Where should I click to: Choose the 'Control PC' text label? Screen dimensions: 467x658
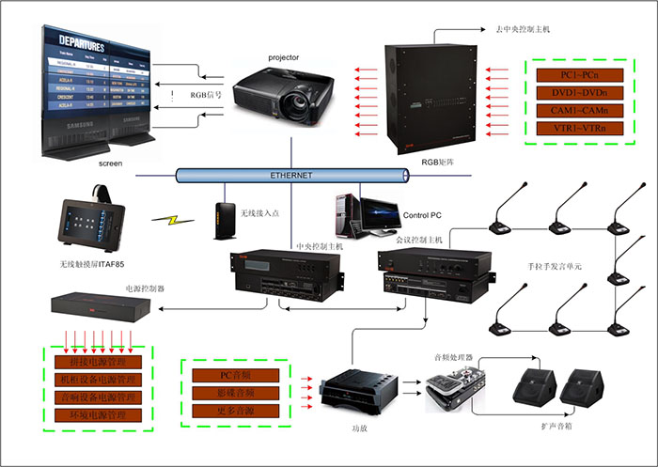click(422, 215)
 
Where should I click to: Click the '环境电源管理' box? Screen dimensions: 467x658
click(98, 414)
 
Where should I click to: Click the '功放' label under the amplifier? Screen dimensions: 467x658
click(347, 428)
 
